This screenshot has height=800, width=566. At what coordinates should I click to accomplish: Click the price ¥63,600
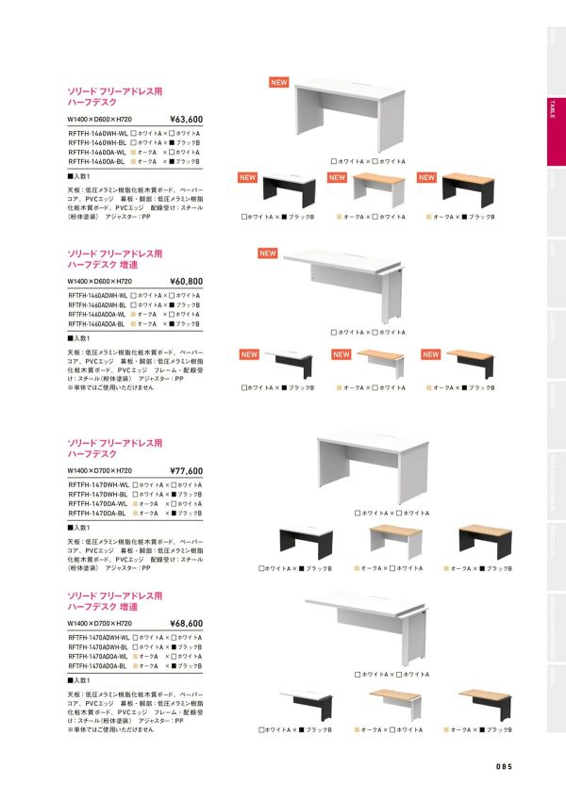coord(186,121)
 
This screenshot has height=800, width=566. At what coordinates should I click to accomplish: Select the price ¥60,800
coord(186,281)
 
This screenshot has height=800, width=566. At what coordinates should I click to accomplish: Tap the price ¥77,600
coord(186,470)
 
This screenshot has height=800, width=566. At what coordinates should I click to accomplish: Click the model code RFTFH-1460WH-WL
coord(98,134)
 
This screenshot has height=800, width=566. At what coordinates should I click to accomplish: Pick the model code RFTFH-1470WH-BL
coord(98,494)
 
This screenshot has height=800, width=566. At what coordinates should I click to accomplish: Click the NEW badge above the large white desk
coord(278,83)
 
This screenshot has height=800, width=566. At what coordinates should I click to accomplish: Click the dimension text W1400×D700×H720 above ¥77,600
coord(99,470)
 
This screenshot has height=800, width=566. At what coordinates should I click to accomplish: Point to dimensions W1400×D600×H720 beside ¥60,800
coord(99,282)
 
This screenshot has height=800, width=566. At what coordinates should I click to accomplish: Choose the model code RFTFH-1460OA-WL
coord(98,152)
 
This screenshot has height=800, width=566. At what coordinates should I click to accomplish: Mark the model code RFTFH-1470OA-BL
coord(98,513)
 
